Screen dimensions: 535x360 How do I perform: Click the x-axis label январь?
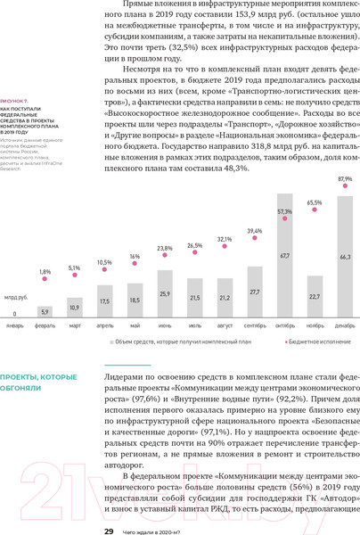point(15,327)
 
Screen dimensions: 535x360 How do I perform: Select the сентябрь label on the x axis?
point(255,327)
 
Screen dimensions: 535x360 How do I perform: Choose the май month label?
point(135,327)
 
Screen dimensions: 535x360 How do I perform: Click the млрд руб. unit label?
point(16,295)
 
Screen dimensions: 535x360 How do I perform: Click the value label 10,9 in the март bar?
point(75,308)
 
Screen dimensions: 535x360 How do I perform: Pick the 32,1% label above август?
point(225,239)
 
